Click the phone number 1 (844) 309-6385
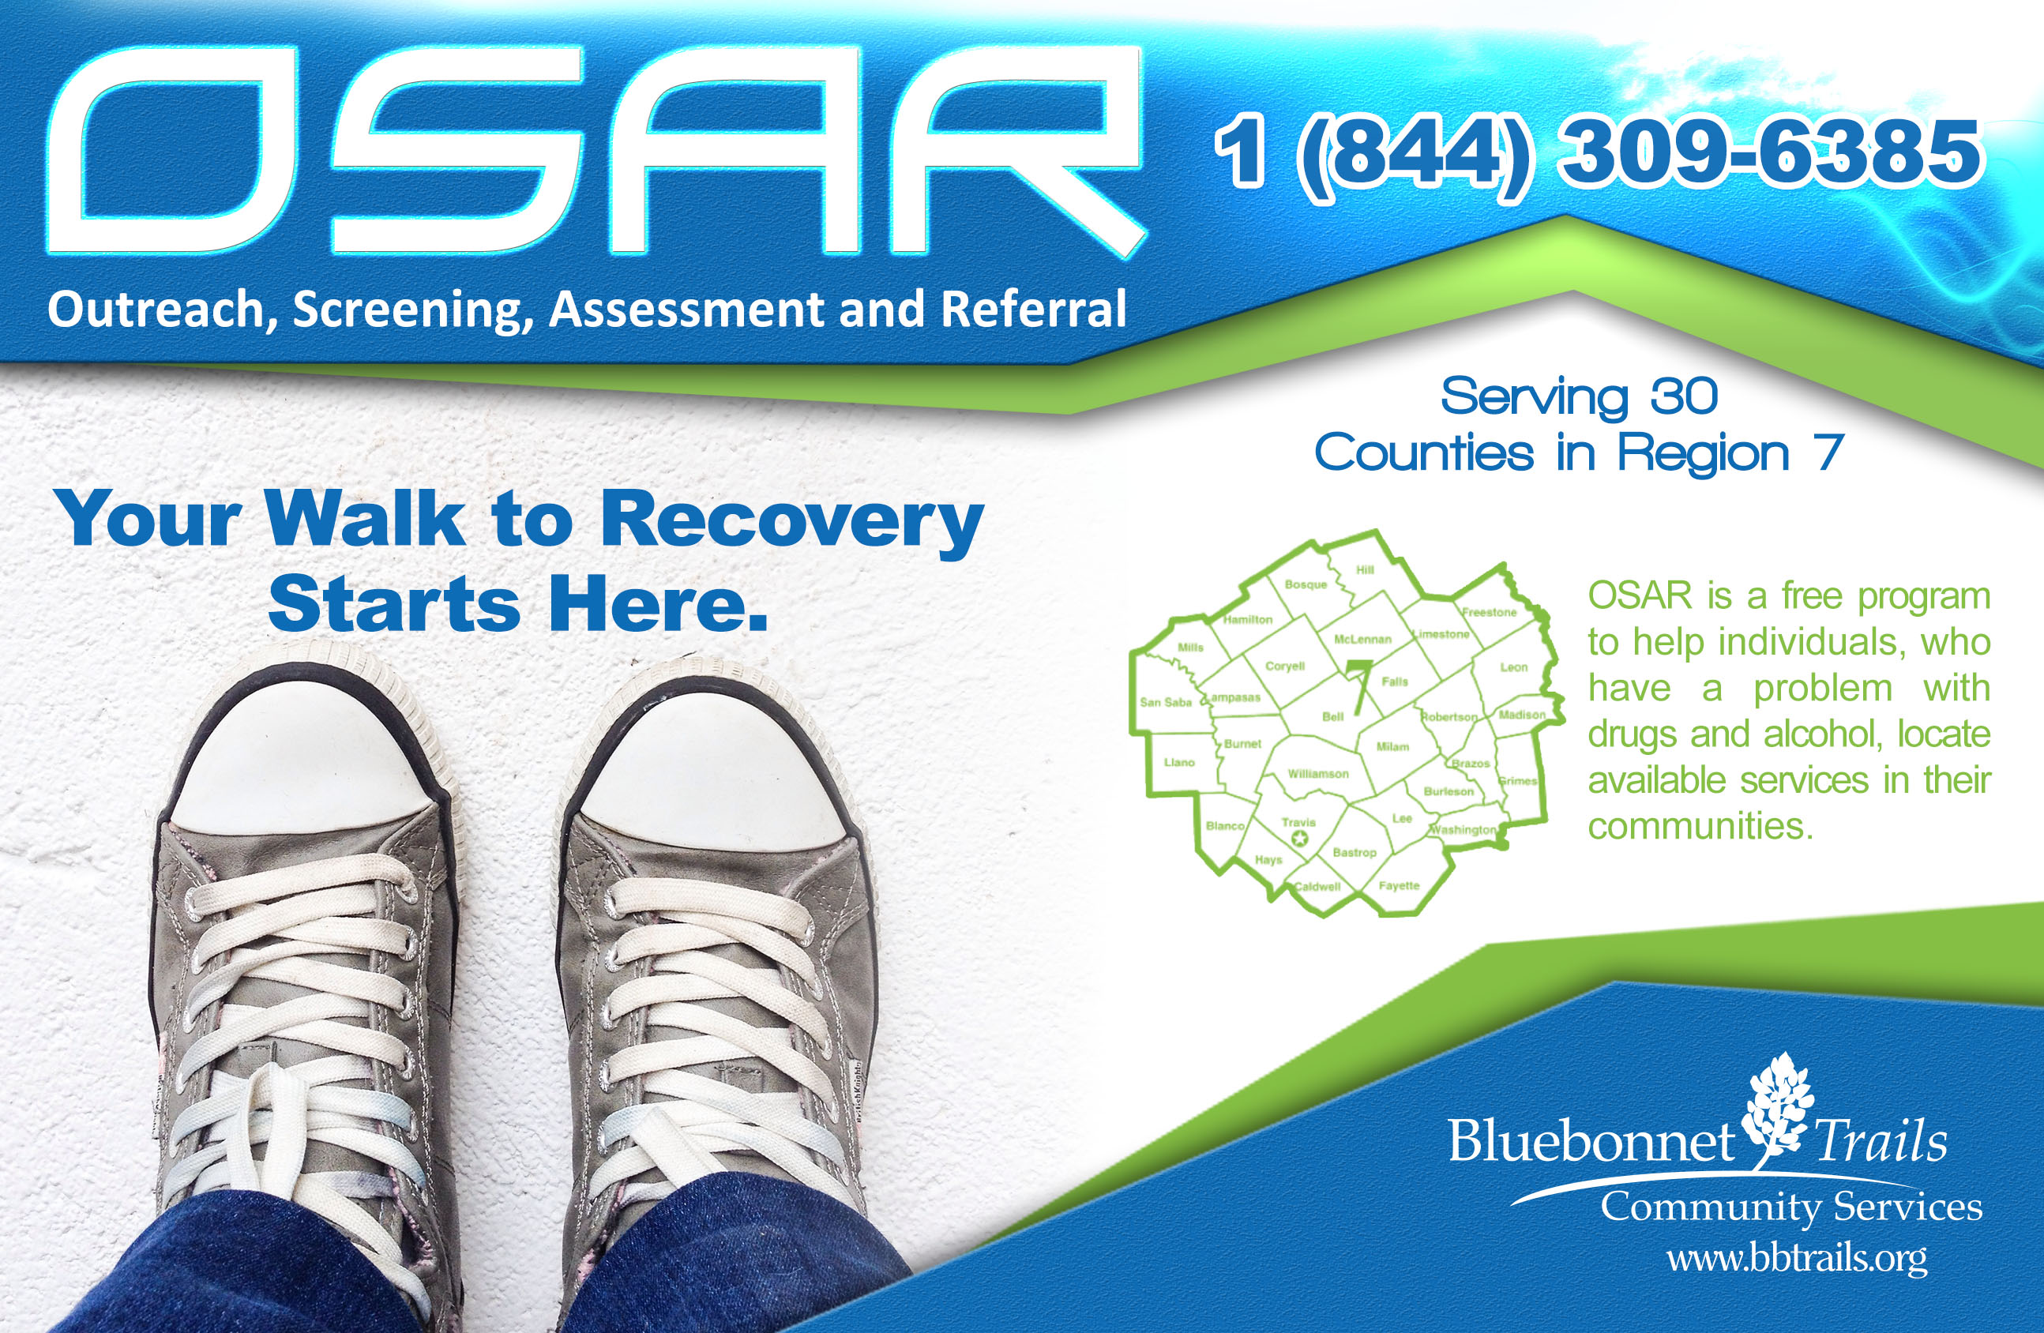pos(1598,155)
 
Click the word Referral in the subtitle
pos(1033,310)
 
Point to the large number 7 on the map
pos(1358,686)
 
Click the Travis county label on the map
pos(1298,822)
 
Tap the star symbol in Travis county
pos(1299,839)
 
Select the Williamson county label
pos(1318,774)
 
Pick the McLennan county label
pos(1362,639)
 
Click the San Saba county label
pos(1167,702)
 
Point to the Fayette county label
pos(1399,885)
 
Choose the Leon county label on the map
pos(1514,666)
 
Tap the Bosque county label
pos(1306,585)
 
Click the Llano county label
pos(1179,762)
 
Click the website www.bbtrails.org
pos(1797,1259)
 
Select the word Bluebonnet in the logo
pos(1591,1141)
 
